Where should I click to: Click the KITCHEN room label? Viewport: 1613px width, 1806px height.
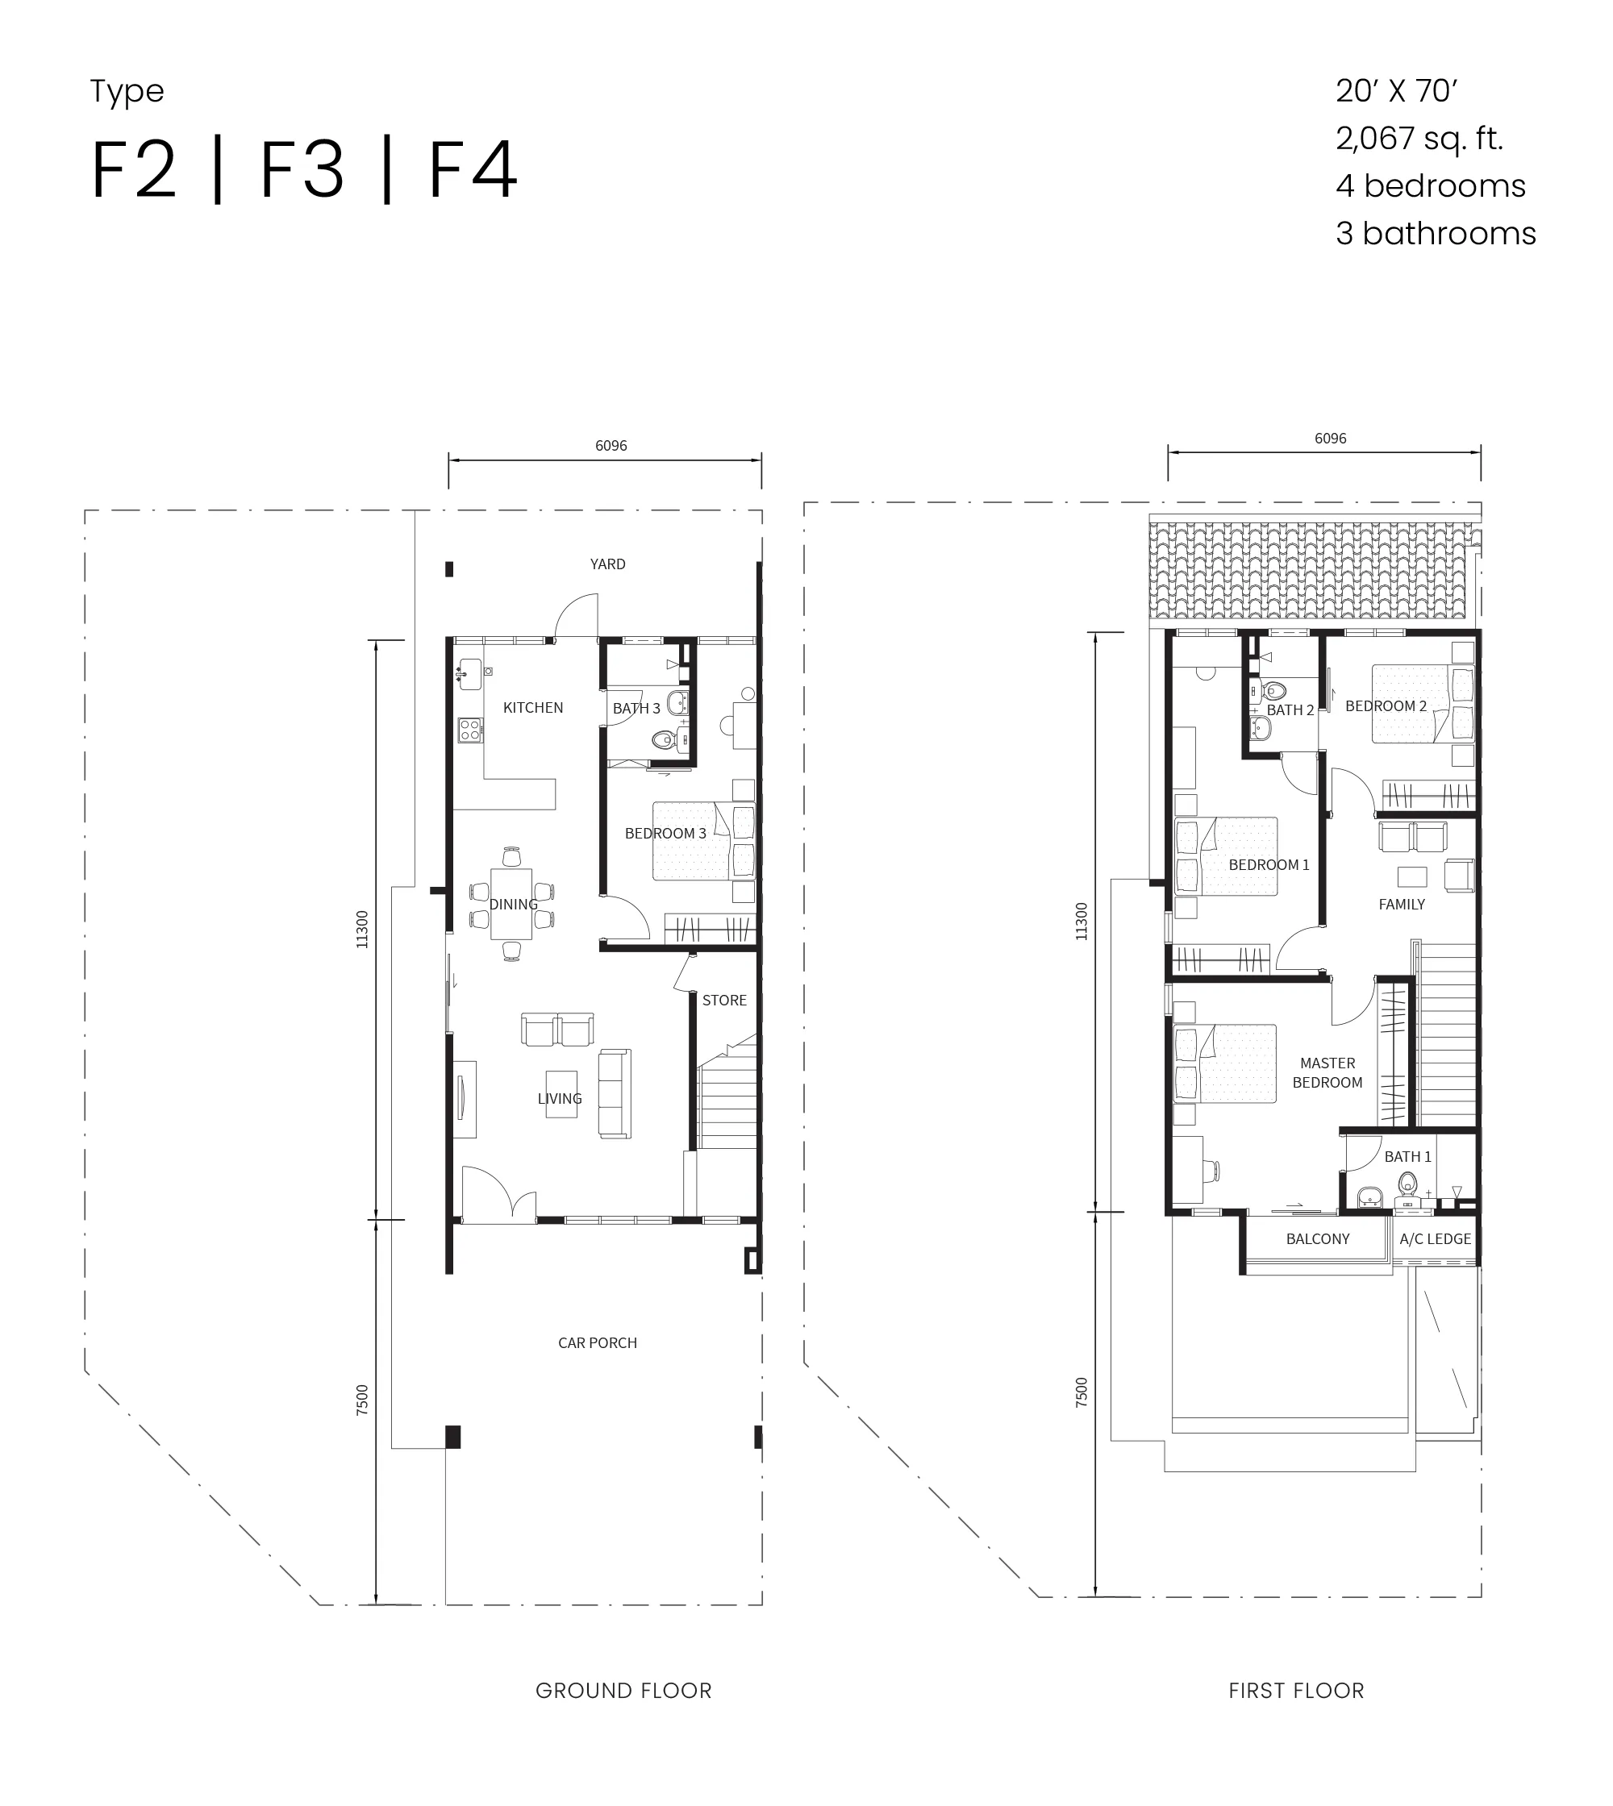click(x=532, y=707)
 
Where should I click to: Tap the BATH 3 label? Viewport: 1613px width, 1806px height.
click(x=636, y=708)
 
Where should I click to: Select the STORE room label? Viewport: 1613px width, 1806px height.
click(x=724, y=1000)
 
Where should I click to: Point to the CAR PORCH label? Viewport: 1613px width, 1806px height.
click(x=598, y=1342)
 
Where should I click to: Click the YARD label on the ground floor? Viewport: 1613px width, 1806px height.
click(x=608, y=564)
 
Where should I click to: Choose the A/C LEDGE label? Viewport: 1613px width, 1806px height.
click(x=1435, y=1239)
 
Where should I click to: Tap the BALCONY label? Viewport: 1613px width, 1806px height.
click(x=1318, y=1239)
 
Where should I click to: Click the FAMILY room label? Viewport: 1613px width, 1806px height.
click(x=1402, y=904)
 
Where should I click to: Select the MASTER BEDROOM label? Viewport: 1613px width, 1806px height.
click(x=1327, y=1072)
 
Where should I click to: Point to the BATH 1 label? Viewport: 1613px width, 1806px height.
click(x=1407, y=1156)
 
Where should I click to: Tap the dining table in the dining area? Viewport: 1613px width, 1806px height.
click(x=511, y=904)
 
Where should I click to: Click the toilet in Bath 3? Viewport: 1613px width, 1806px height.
click(x=664, y=739)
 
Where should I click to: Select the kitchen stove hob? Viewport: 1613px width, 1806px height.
click(x=469, y=730)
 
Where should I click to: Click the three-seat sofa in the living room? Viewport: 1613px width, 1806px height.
click(x=615, y=1093)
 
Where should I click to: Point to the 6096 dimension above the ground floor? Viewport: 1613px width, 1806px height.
click(x=611, y=446)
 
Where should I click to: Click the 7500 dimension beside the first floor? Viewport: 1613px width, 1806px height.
click(x=1082, y=1392)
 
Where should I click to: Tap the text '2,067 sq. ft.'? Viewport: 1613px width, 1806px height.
click(x=1419, y=138)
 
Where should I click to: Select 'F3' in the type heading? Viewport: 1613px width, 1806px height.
click(x=302, y=169)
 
